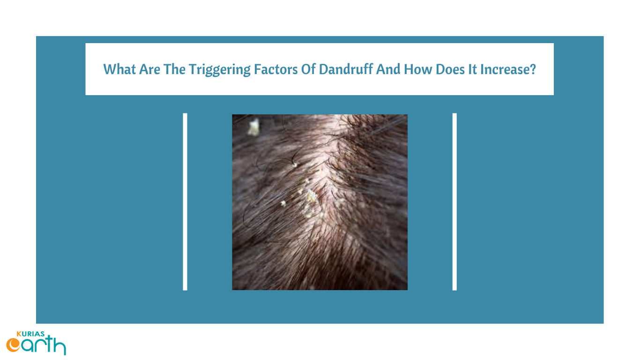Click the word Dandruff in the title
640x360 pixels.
point(346,70)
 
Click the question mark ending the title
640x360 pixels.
point(533,70)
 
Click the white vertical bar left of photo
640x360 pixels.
point(185,202)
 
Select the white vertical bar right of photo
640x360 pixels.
point(454,202)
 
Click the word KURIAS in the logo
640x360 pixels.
point(30,334)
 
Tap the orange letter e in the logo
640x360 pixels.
point(13,345)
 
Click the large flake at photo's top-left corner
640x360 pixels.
point(253,127)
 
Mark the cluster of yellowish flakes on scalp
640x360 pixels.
point(310,201)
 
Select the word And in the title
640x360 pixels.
point(389,70)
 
